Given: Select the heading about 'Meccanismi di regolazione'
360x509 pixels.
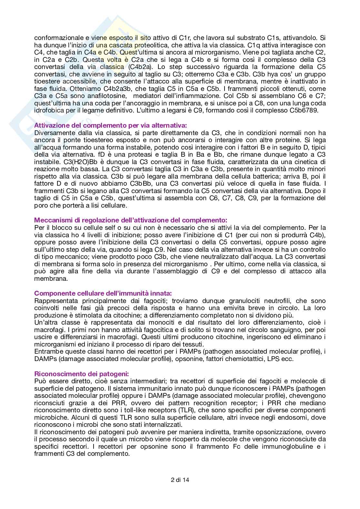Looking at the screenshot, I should click(x=131, y=220).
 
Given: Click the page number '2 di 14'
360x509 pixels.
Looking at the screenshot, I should click(x=180, y=479).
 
